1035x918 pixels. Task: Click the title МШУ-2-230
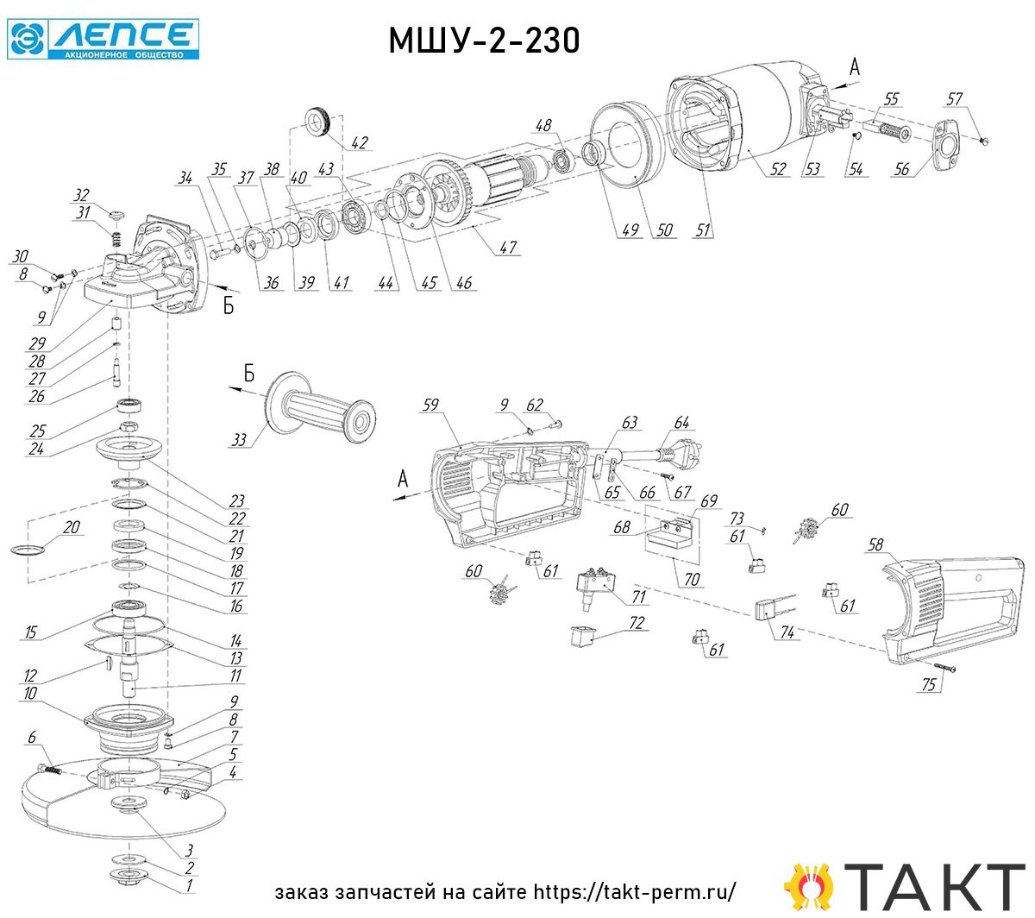pyautogui.click(x=484, y=41)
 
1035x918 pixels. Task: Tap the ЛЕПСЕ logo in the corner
pyautogui.click(x=103, y=40)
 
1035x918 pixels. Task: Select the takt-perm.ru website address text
pyautogui.click(x=635, y=892)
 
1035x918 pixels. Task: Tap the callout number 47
pyautogui.click(x=508, y=248)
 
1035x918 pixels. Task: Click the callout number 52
pyautogui.click(x=777, y=169)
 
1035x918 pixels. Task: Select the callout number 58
pyautogui.click(x=875, y=544)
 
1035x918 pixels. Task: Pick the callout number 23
pyautogui.click(x=236, y=500)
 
